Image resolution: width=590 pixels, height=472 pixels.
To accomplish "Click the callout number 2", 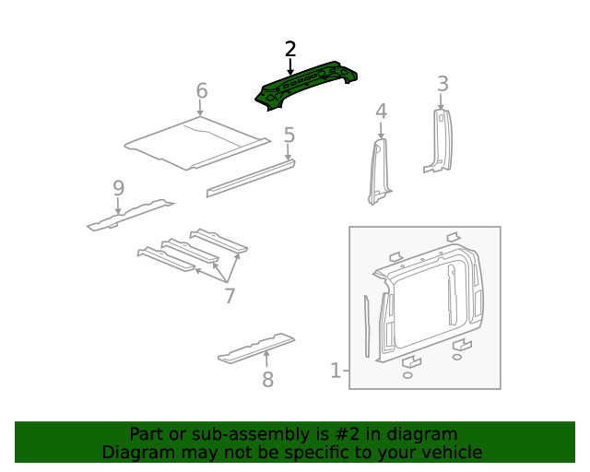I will click(290, 49).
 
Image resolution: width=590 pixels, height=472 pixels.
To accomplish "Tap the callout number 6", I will click(201, 91).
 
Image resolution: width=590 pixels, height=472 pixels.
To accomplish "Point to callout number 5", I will click(289, 136).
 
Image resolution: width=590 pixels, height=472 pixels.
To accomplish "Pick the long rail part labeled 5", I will click(251, 178).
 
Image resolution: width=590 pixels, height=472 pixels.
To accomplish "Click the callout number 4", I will click(381, 112).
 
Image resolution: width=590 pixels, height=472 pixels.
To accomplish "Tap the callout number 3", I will click(442, 84).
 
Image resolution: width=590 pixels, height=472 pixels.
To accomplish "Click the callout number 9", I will click(118, 188).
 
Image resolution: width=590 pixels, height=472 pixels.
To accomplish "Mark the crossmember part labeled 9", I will click(129, 214).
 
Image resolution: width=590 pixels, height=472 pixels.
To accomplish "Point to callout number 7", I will click(229, 296).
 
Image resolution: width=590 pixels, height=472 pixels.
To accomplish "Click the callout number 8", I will click(267, 379).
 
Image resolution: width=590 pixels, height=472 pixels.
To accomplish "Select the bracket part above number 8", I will click(255, 348).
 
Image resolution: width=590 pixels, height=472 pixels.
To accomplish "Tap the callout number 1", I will click(336, 371).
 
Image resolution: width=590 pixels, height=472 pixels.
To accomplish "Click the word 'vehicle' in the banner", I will click(452, 453).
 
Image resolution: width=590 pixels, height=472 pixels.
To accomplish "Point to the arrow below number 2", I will click(290, 66).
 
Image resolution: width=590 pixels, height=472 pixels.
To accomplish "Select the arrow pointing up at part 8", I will click(267, 358).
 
